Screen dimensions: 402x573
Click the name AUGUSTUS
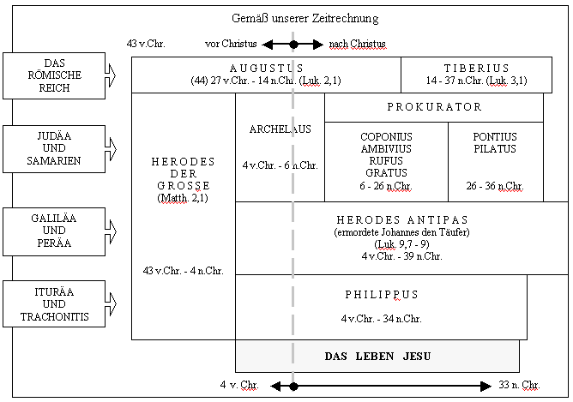[266, 68]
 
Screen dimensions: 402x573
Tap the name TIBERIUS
[477, 68]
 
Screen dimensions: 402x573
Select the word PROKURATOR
[434, 107]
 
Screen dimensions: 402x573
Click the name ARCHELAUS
[280, 129]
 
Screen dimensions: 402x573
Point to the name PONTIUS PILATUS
[494, 142]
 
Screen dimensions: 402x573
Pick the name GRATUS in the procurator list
[386, 172]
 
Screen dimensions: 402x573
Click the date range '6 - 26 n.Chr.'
[386, 185]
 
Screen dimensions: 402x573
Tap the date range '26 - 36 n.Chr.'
[495, 185]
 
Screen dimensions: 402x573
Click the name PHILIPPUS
[381, 295]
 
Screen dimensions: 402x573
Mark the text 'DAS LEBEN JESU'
[377, 356]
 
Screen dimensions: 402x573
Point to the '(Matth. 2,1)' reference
[183, 198]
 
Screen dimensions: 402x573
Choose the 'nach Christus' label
[357, 43]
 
